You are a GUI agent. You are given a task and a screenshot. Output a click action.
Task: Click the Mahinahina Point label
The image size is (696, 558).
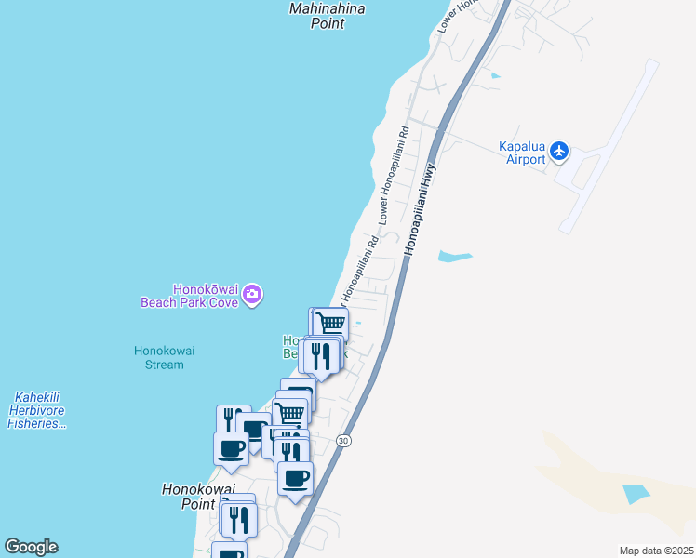[326, 16]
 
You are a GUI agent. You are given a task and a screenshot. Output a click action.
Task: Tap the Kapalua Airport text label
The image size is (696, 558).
[521, 153]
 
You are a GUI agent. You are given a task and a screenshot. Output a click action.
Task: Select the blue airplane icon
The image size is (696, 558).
[558, 150]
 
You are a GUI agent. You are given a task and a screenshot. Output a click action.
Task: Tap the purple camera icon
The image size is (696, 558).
[252, 296]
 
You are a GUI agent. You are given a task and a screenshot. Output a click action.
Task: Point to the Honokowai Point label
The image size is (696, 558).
[197, 496]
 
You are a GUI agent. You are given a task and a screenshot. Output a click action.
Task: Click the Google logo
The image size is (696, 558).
[31, 547]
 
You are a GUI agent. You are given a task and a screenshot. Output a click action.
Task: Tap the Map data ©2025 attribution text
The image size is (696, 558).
[655, 551]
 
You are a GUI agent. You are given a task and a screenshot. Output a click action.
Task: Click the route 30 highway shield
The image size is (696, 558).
[343, 441]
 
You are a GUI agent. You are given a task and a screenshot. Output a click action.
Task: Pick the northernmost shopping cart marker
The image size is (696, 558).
[330, 325]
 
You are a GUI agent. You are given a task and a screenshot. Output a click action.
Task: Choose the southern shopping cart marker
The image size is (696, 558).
[291, 412]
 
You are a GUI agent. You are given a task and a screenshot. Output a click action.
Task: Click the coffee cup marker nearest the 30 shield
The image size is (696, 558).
[296, 479]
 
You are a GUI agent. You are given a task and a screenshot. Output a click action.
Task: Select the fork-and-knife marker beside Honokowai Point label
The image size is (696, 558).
[239, 519]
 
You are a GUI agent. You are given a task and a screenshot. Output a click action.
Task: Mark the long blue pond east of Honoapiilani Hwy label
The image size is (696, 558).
[455, 255]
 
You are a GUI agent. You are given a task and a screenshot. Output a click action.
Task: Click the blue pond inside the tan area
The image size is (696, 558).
[636, 494]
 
